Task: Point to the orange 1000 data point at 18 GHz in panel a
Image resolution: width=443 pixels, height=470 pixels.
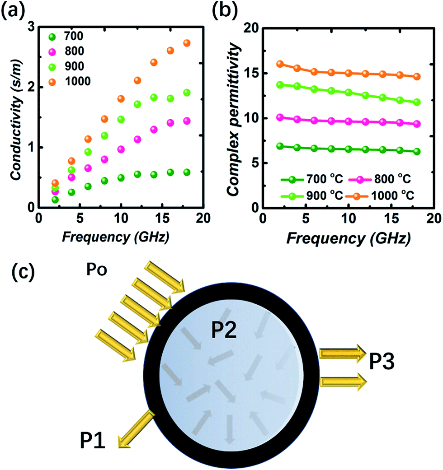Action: (x=187, y=43)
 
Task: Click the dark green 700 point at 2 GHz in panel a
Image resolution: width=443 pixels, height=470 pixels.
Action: (x=55, y=200)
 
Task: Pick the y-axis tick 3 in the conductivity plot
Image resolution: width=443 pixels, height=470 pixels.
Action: (x=31, y=28)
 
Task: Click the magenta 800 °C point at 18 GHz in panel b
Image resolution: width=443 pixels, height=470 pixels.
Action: (x=417, y=124)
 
